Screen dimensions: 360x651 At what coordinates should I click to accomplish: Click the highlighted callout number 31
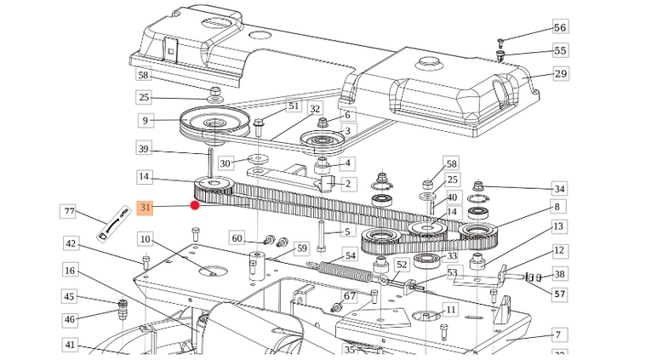point(146,207)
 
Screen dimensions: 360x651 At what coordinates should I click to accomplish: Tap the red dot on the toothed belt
point(195,204)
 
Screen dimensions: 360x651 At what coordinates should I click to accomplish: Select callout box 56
point(559,28)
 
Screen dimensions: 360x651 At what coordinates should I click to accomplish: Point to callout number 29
point(560,74)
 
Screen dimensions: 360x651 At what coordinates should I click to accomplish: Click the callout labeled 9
point(145,121)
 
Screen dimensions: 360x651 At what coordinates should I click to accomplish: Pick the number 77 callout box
point(71,211)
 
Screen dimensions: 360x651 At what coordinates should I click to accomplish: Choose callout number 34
point(558,188)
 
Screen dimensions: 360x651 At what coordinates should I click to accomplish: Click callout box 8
point(557,207)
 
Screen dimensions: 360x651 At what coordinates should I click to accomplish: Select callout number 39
point(145,149)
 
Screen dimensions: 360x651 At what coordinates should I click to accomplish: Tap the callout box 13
point(558,227)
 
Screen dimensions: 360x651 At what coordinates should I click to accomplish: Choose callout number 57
point(559,294)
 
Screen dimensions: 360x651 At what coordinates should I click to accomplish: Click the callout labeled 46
point(71,320)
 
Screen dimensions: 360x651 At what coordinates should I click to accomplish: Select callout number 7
point(558,334)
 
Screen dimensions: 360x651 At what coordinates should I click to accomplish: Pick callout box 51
point(294,106)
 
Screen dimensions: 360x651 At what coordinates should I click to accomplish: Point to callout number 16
point(71,270)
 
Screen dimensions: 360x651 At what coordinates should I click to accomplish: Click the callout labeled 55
point(559,51)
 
